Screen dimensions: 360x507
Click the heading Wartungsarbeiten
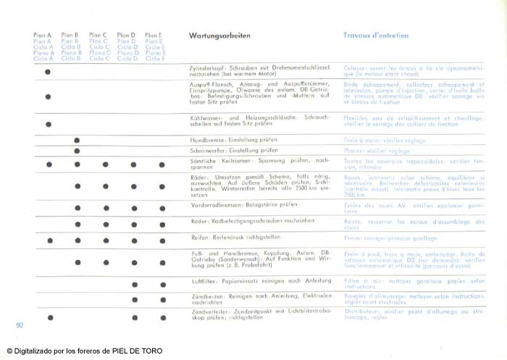pyautogui.click(x=220, y=35)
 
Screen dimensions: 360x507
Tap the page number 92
pyautogui.click(x=20, y=325)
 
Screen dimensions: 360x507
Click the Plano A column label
pyautogui.click(x=43, y=53)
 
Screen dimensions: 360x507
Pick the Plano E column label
pyautogui.click(x=155, y=53)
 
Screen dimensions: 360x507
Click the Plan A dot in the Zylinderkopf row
pyautogui.click(x=48, y=72)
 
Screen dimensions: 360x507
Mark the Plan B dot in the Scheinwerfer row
pyautogui.click(x=77, y=151)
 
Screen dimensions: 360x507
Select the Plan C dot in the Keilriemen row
pyautogui.click(x=105, y=164)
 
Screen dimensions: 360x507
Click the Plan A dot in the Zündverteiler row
pyautogui.click(x=50, y=317)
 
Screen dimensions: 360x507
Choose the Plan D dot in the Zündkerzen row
pyautogui.click(x=134, y=300)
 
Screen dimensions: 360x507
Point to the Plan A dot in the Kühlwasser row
pyautogui.click(x=49, y=124)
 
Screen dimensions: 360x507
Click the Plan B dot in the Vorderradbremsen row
pyautogui.click(x=77, y=206)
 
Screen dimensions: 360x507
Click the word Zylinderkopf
pyautogui.click(x=204, y=67)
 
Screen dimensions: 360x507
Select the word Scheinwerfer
pyautogui.click(x=205, y=150)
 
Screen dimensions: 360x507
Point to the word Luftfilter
pyautogui.click(x=200, y=280)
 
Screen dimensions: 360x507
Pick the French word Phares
pyautogui.click(x=353, y=150)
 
